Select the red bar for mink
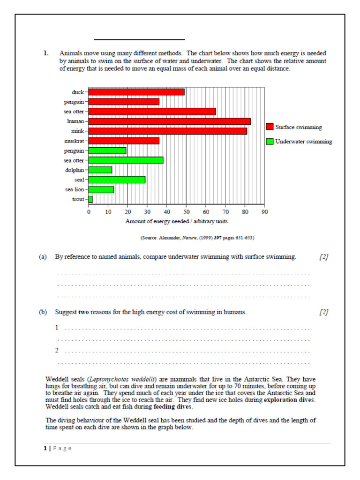(x=168, y=131)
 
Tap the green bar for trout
(x=91, y=199)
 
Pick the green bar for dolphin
(x=100, y=170)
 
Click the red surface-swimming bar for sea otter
(x=152, y=112)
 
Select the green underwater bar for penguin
(x=107, y=150)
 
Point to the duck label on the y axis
(x=78, y=92)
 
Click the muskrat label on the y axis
(x=74, y=141)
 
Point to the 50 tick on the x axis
(x=186, y=212)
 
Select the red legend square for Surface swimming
(x=270, y=127)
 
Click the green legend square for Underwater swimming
(x=270, y=142)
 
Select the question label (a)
(x=43, y=257)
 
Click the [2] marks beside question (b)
(x=323, y=312)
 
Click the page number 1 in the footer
(x=45, y=449)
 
